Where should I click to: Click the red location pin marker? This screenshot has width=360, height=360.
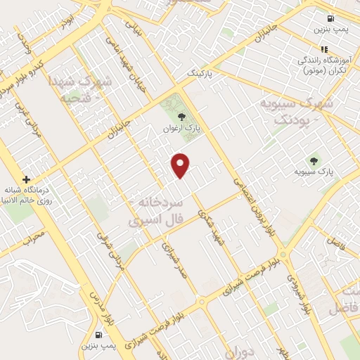coord(181,165)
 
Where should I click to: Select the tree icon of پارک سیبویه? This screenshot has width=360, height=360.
coord(314,158)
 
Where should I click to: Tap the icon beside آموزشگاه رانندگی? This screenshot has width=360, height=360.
coord(324,49)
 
